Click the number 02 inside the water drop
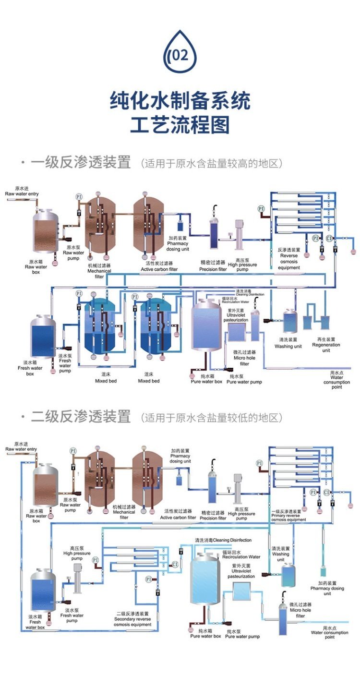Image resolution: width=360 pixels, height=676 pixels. [180, 56]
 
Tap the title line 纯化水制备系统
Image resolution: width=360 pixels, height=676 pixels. [180, 101]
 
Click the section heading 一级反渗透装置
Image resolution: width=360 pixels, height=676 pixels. [81, 163]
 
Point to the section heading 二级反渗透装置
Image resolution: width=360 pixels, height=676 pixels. [81, 416]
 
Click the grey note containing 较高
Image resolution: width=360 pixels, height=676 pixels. [212, 164]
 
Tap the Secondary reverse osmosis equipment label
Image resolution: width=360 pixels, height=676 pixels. [132, 619]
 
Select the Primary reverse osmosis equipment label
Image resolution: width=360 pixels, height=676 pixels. [288, 517]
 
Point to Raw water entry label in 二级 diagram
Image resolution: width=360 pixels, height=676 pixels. [21, 449]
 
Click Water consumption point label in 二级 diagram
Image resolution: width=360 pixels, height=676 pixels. [329, 632]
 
